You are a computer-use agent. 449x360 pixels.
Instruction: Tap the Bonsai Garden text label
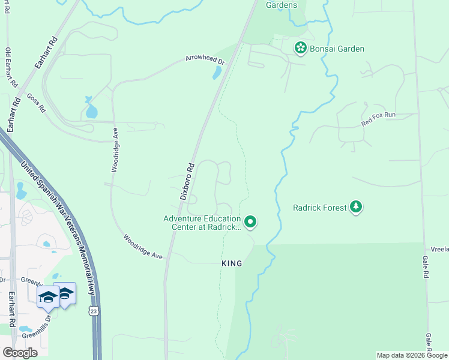click(x=337, y=49)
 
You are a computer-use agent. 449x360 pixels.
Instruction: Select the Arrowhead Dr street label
click(x=205, y=61)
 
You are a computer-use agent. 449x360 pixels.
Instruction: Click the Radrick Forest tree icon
click(x=357, y=207)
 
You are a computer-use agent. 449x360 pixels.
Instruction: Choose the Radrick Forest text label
click(x=319, y=208)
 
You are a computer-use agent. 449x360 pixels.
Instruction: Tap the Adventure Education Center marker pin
click(x=251, y=222)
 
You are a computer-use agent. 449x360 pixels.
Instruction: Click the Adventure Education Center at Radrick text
click(x=202, y=223)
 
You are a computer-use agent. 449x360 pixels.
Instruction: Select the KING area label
click(x=232, y=263)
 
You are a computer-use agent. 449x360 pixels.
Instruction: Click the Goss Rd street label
click(x=36, y=103)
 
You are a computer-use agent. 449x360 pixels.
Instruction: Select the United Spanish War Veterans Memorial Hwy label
click(x=58, y=227)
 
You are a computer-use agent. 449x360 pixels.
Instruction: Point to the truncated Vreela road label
click(x=439, y=248)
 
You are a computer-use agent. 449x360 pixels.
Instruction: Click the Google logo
click(x=20, y=352)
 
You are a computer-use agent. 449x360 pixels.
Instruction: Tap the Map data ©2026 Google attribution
click(x=412, y=355)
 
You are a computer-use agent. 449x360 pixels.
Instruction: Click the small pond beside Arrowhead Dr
click(x=217, y=73)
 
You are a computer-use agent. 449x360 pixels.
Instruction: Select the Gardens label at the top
click(x=282, y=5)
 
